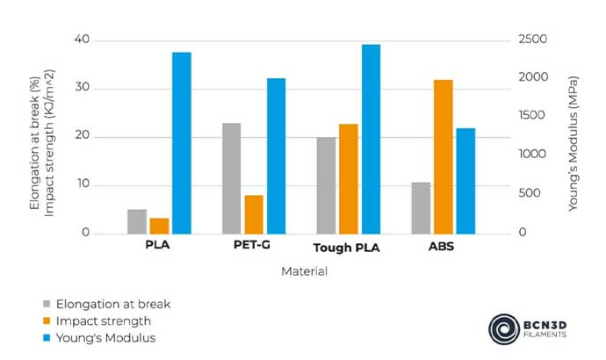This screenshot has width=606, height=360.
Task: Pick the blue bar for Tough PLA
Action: click(x=371, y=139)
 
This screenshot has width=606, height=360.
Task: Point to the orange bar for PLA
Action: click(x=159, y=226)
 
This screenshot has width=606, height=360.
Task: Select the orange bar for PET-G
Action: click(x=254, y=214)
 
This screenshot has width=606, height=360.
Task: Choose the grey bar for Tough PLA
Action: click(x=326, y=185)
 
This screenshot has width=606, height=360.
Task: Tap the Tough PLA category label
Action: click(x=347, y=248)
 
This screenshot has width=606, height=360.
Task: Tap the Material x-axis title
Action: click(x=304, y=271)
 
